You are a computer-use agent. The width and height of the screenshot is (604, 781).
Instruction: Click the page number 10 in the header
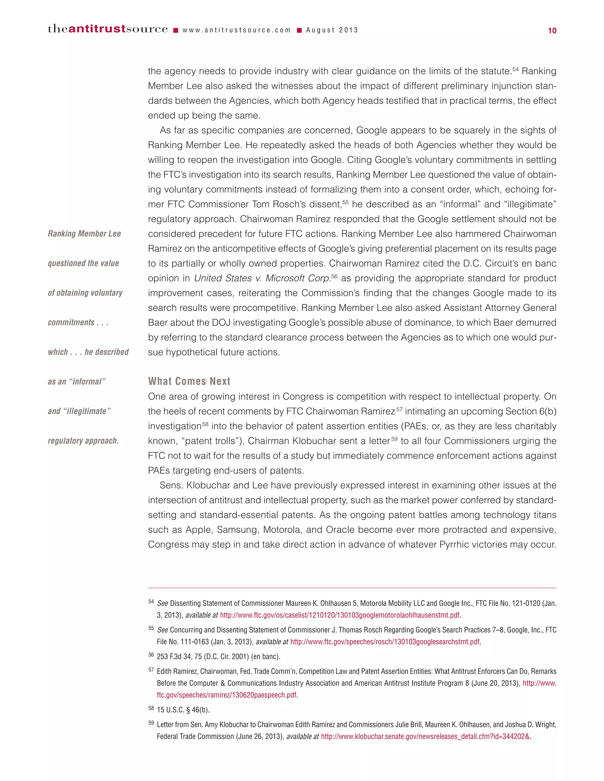[552, 31]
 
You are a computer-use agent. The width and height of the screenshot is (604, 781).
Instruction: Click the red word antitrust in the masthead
[97, 29]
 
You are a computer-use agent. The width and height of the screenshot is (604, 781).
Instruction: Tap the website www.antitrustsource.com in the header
[237, 30]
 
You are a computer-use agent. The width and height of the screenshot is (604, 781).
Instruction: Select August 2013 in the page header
[332, 30]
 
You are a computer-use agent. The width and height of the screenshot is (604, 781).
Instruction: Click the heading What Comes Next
[189, 381]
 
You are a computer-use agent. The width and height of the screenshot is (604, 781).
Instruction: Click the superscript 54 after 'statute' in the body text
[515, 69]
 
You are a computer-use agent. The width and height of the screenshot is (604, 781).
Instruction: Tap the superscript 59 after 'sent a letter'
[394, 439]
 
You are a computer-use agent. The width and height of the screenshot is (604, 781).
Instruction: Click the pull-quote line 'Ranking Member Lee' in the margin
[84, 234]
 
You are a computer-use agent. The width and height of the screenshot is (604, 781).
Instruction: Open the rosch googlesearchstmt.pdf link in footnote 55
[385, 642]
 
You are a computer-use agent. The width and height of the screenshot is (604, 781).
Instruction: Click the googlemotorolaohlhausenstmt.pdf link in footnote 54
[339, 615]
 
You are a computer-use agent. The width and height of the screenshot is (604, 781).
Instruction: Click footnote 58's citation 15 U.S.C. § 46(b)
[183, 710]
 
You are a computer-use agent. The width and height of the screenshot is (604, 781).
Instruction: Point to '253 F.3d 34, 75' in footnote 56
[179, 657]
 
